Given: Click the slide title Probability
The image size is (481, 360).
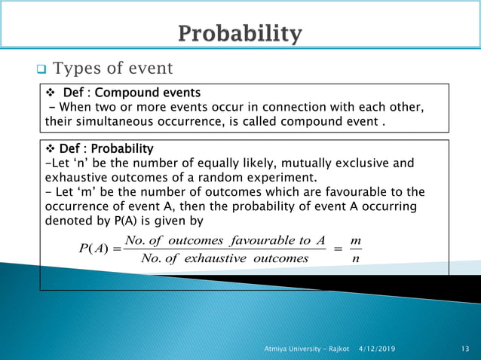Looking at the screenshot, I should pos(240,34).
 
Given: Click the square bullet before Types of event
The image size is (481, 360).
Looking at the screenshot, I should pos(42,70).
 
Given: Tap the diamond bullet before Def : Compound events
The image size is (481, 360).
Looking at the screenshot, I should pos(51,93).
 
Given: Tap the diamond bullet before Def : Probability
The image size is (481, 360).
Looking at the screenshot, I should pos(51,148).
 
